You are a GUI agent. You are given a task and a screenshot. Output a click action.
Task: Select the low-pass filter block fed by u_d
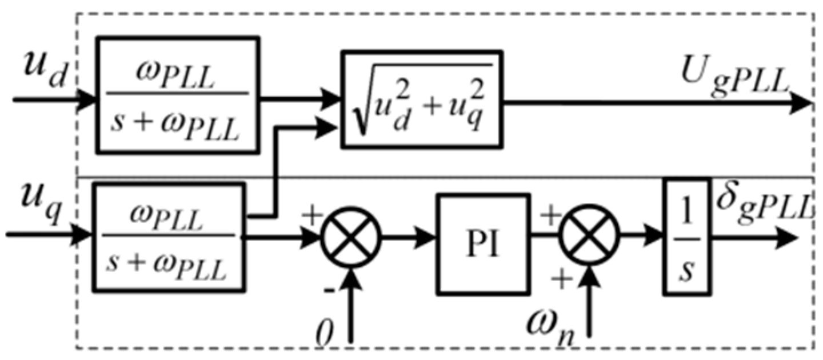178,95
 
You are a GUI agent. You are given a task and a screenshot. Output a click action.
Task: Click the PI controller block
481,235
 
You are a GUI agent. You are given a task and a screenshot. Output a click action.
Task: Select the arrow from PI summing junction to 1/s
640,236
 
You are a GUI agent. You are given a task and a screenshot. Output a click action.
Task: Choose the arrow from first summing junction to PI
409,236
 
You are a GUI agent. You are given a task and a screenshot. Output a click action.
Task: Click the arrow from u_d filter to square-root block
300,98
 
